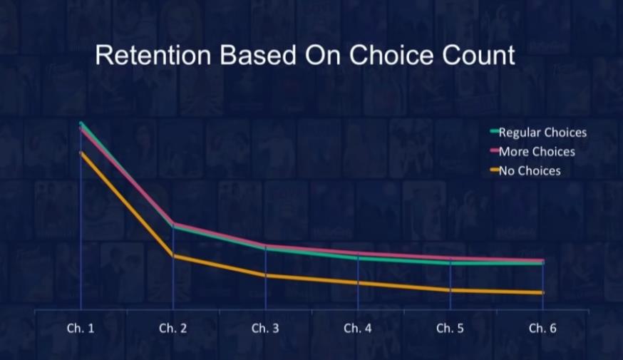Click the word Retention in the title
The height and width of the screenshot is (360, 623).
(153, 55)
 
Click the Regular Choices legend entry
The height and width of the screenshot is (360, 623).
(538, 133)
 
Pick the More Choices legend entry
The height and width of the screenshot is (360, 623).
(532, 151)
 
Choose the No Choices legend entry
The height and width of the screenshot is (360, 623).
(525, 171)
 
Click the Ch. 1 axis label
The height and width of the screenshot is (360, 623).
(81, 328)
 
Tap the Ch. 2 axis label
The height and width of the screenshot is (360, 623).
(173, 328)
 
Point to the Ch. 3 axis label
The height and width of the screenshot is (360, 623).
(265, 328)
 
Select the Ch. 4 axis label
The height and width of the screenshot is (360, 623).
(358, 328)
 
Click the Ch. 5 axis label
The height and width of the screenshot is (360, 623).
(450, 328)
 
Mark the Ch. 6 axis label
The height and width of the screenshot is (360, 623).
(542, 328)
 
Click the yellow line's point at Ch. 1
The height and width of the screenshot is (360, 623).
(81, 153)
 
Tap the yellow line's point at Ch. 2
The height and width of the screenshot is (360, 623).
(173, 256)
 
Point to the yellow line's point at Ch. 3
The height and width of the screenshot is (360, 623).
(265, 275)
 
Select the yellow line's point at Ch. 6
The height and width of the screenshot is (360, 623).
(542, 293)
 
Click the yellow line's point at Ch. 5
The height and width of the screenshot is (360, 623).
(450, 290)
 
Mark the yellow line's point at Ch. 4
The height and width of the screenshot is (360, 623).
(358, 282)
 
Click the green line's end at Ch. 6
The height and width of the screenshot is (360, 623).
(542, 264)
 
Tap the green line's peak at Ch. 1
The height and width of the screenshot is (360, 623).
(81, 123)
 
